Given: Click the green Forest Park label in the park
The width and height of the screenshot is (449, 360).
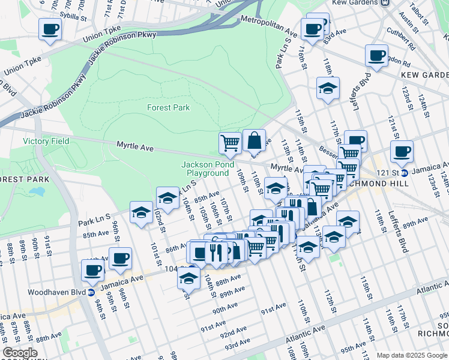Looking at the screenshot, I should [x=168, y=107].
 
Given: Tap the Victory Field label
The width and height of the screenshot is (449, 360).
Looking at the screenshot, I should [x=46, y=141].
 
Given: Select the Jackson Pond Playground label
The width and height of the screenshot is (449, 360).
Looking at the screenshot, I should [x=205, y=169].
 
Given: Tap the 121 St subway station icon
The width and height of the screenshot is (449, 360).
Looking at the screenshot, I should [x=404, y=173].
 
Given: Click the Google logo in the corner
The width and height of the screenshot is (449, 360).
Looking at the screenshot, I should [x=20, y=353].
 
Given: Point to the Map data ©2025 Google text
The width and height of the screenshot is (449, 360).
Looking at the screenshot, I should [x=412, y=355].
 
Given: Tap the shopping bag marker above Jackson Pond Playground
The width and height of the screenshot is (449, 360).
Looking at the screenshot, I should [x=255, y=141].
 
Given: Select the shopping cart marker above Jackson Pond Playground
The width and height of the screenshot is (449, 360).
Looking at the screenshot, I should [x=230, y=143].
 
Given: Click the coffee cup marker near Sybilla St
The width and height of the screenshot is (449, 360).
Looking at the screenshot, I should [x=50, y=29].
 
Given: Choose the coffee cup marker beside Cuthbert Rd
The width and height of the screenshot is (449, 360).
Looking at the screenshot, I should [x=376, y=56].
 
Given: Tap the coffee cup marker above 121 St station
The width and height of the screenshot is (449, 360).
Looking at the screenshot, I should [x=402, y=152].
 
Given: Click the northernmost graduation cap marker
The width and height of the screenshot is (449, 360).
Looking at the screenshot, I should [x=328, y=88].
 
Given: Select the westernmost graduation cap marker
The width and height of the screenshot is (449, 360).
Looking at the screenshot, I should [x=142, y=212].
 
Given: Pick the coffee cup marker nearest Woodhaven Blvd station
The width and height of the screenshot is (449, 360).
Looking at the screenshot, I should [x=94, y=271].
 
